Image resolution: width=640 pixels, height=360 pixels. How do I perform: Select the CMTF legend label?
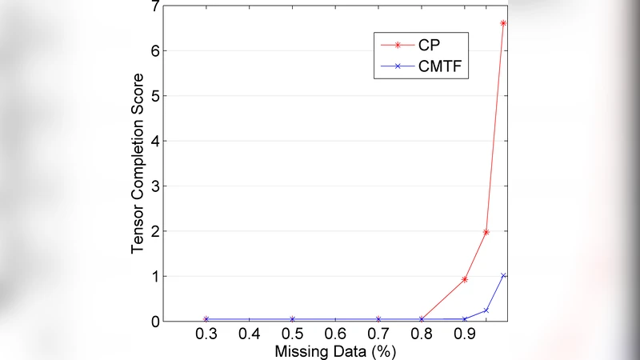pyautogui.click(x=438, y=70)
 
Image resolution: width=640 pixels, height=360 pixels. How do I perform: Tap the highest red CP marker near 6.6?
pyautogui.click(x=503, y=23)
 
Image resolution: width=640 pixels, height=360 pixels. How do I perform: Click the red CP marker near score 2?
pyautogui.click(x=486, y=232)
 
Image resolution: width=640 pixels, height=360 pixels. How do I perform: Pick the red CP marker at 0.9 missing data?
pyautogui.click(x=465, y=279)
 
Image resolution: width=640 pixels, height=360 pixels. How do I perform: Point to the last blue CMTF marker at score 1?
pyautogui.click(x=503, y=275)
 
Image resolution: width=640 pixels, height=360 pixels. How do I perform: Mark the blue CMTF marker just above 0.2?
pyautogui.click(x=486, y=310)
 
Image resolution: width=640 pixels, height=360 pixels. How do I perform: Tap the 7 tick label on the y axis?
pyautogui.click(x=154, y=6)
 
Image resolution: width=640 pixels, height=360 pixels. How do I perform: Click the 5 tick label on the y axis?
pyautogui.click(x=154, y=96)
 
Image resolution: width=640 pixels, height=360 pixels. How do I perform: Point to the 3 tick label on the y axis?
pyautogui.click(x=154, y=186)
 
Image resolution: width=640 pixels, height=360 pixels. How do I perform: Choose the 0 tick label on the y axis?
pyautogui.click(x=154, y=322)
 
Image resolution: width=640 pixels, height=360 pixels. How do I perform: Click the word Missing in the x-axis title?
pyautogui.click(x=298, y=351)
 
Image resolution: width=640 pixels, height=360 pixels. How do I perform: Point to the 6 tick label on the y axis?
pyautogui.click(x=154, y=51)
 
